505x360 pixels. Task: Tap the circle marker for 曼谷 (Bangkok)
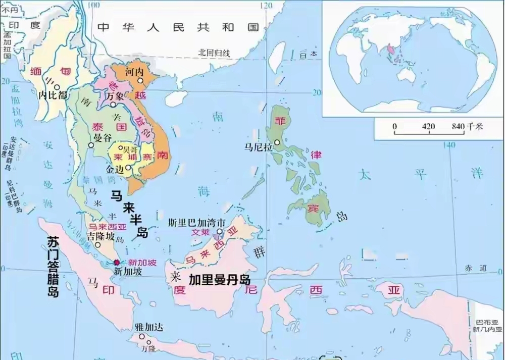[x=91, y=144]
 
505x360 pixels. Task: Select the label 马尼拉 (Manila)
[x=258, y=147]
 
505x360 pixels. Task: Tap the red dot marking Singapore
[x=117, y=263]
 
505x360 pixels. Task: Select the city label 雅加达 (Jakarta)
[x=149, y=327]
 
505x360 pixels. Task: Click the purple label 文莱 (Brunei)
[x=201, y=233]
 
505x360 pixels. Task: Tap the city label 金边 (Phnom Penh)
[x=115, y=170]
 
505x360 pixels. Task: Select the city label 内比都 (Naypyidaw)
[x=53, y=94]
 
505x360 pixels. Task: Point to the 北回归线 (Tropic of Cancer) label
[x=214, y=52]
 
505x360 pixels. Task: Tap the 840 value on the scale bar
[x=458, y=126]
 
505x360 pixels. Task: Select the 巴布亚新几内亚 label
[x=488, y=325]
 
